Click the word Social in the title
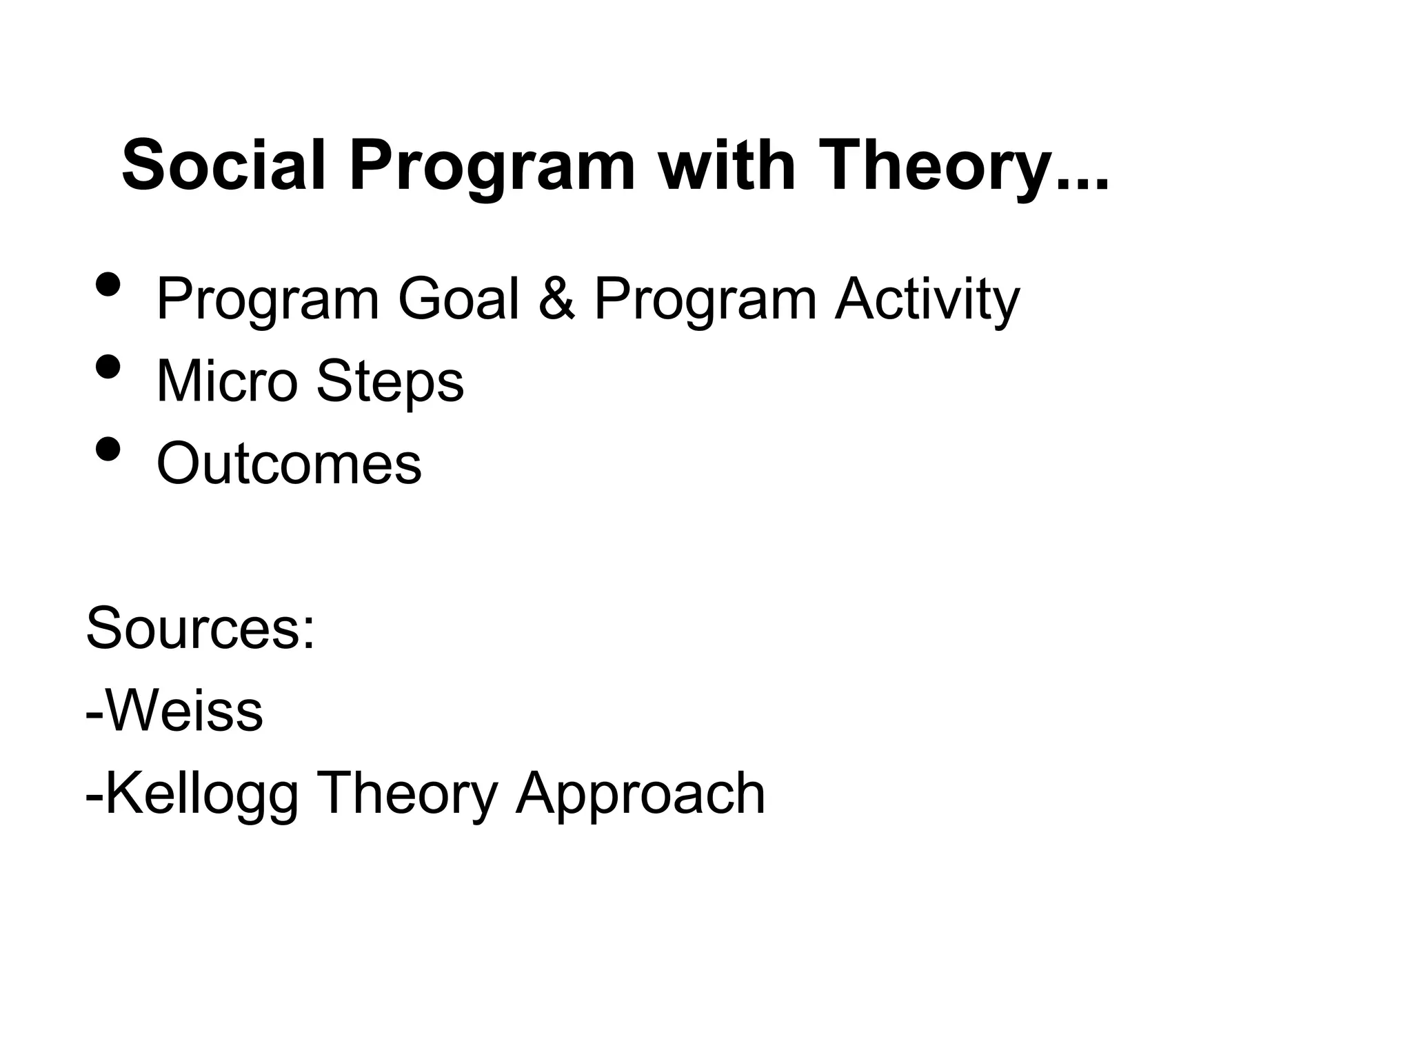pos(223,166)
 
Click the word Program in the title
pos(491,166)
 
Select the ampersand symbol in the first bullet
pos(556,299)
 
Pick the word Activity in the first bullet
pos(927,299)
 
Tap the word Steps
pos(390,381)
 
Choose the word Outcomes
pos(289,463)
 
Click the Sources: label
pos(201,628)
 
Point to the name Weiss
pos(183,711)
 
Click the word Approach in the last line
pos(641,794)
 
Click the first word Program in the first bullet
pos(268,299)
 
